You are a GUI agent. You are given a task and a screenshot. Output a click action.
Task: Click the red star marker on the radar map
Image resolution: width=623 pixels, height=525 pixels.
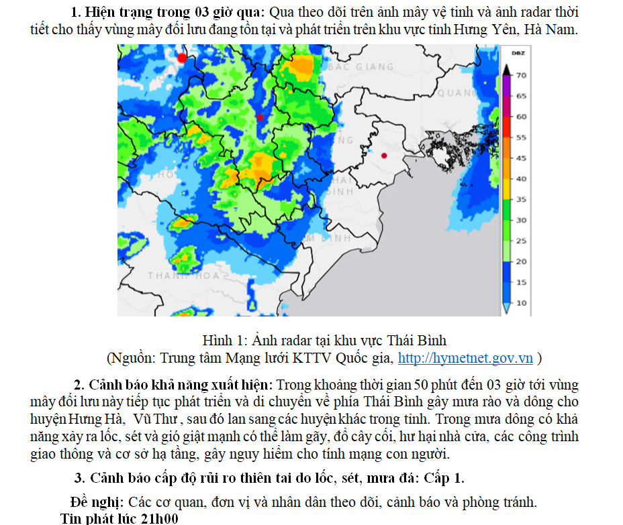(x=260, y=117)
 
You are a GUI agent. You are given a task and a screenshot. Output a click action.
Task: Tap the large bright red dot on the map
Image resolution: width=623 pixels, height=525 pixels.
(x=181, y=58)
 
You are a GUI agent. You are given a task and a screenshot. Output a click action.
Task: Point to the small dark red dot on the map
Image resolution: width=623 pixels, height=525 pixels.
(x=384, y=156)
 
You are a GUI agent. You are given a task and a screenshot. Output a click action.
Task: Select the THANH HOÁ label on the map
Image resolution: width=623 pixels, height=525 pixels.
(x=184, y=276)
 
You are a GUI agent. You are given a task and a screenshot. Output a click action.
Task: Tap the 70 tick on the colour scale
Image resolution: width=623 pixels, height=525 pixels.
(x=521, y=76)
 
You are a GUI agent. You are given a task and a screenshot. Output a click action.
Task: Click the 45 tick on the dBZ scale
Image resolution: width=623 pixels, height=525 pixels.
(x=521, y=158)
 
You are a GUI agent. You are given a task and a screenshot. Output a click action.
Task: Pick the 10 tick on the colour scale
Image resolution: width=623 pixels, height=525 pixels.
(x=521, y=303)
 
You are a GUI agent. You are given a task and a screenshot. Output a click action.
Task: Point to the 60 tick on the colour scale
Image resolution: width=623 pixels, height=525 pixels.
(x=521, y=117)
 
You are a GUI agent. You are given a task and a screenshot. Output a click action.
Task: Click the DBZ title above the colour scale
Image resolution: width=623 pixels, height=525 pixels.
(x=518, y=53)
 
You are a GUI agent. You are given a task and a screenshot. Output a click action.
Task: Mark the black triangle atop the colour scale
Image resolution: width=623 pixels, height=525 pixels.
(x=508, y=69)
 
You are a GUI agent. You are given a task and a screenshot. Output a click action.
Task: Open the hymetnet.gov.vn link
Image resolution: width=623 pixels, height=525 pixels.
(x=465, y=358)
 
